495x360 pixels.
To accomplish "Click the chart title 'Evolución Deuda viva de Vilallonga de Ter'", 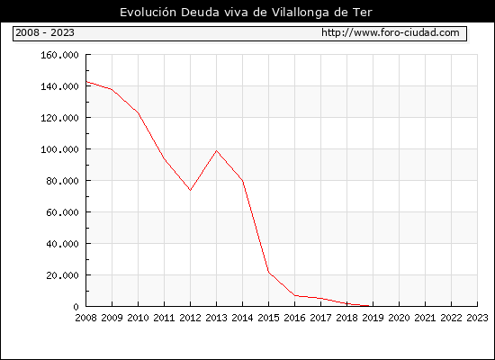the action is pos(246,13).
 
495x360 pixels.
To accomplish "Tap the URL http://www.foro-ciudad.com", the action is pos(391,32).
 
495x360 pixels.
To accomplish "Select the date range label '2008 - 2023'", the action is pos(45,32).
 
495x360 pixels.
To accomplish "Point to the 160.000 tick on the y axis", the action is pos(59,55).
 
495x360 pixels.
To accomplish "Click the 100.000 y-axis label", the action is pos(59,149).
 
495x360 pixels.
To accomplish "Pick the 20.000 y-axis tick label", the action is pos(62,275).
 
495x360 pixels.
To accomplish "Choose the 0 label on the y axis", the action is pos(76,307).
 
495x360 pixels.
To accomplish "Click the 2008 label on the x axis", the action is pos(85,318).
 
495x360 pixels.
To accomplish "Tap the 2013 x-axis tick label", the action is pos(216,318).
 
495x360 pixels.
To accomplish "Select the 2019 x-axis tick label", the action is pos(373,318).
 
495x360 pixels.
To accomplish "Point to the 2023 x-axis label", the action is pos(477,318).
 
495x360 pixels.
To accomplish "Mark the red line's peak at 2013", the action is pos(216,151).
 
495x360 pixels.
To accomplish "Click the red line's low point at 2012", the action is pos(191,190).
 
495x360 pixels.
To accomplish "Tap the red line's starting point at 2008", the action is pos(86,82).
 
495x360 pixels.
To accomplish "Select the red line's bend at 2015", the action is pos(269,272).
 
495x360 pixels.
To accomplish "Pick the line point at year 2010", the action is pos(139,113).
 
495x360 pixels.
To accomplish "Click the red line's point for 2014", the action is pos(242,181).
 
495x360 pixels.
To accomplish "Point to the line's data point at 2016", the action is pos(295,295).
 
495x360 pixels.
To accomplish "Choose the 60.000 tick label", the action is pos(62,212).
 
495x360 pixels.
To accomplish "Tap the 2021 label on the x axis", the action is pos(425,318).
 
